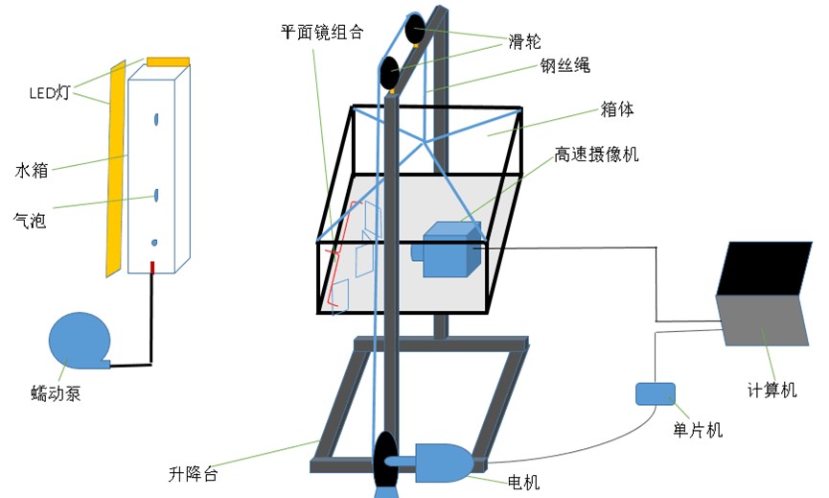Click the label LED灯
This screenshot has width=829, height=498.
coord(50,93)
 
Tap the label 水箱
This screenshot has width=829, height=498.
coord(32,171)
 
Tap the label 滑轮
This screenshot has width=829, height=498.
coord(522,42)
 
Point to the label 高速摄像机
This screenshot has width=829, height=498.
coord(596,154)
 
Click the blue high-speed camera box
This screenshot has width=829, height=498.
coord(449,249)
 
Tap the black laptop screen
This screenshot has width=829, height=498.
coord(766,267)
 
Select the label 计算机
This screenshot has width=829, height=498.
coord(771,391)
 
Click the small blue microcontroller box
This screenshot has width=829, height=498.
coord(655,393)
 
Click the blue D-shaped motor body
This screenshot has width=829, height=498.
coord(440,462)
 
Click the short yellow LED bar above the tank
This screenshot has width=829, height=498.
coord(168,61)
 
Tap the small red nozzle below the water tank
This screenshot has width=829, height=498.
coord(151,267)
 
